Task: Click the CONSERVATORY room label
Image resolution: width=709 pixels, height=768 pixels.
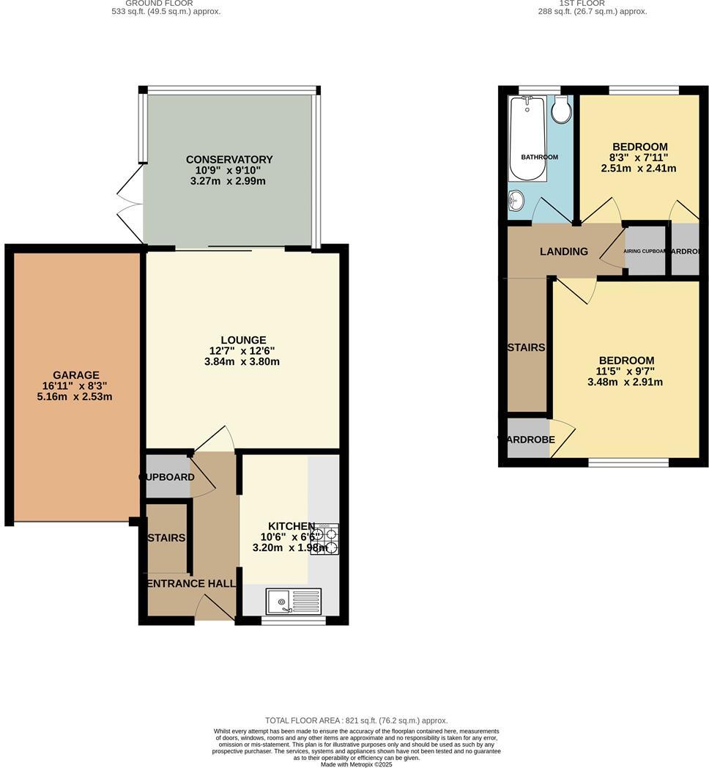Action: (x=229, y=160)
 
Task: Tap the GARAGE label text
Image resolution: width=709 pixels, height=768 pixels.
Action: (x=75, y=375)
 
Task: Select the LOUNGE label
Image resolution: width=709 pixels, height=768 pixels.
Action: (x=243, y=340)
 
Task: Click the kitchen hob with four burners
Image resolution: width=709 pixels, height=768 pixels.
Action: (x=324, y=539)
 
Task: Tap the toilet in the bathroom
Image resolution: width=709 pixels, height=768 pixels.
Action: (x=562, y=111)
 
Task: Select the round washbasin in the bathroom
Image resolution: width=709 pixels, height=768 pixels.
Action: (x=516, y=199)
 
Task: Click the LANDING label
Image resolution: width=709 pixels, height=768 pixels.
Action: (x=564, y=251)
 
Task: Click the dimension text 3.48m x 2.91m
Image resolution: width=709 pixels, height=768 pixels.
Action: (x=625, y=382)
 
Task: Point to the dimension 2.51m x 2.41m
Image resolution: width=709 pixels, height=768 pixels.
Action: (x=639, y=169)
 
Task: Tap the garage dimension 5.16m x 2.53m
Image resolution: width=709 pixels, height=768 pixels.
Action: (x=75, y=397)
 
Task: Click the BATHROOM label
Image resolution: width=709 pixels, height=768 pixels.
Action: (x=539, y=158)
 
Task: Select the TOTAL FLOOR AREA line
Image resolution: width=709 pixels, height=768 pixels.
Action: (x=356, y=721)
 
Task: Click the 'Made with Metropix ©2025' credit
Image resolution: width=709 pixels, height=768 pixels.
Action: (x=357, y=764)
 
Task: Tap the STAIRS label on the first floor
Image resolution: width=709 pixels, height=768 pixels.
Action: (x=526, y=347)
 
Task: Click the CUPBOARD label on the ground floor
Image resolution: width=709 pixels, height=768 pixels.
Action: (x=167, y=477)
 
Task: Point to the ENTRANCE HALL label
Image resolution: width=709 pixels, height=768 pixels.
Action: (x=191, y=584)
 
